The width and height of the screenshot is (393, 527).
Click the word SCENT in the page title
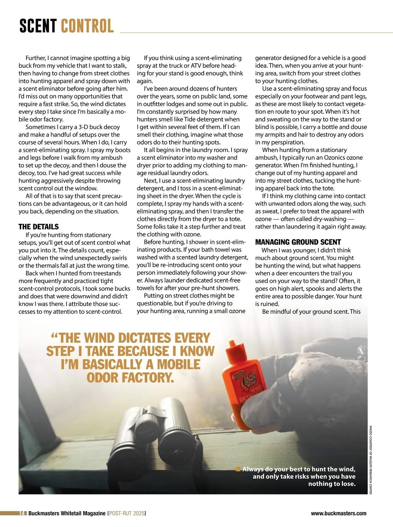(38, 26)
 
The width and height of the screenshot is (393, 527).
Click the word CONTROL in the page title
(87, 26)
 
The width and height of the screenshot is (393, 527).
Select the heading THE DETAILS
(38, 227)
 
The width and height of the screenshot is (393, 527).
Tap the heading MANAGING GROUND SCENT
(298, 242)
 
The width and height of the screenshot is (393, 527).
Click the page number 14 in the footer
(22, 513)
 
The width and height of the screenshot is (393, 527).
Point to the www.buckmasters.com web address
(339, 513)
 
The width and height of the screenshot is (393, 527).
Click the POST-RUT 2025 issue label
(126, 513)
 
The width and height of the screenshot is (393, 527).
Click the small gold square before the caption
(238, 469)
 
